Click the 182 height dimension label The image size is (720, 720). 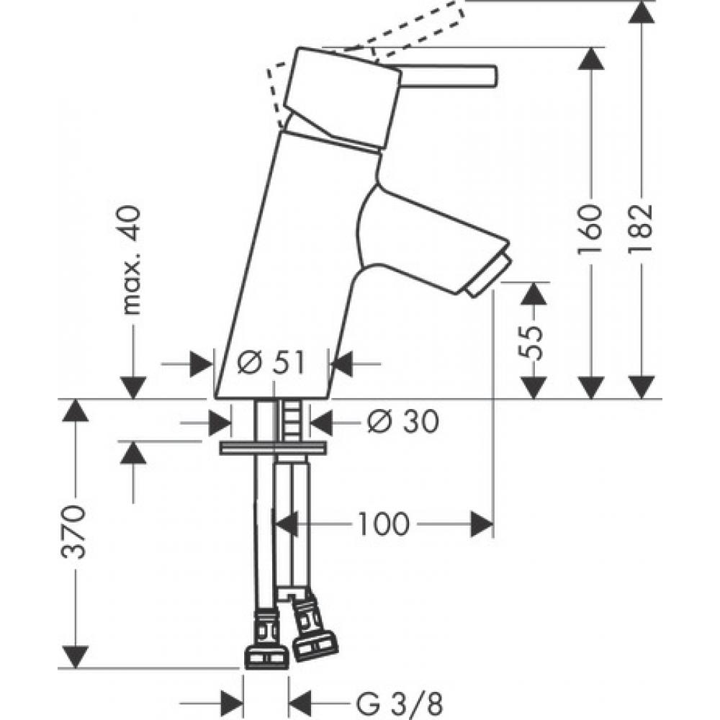(x=641, y=229)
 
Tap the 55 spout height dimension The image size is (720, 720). (x=532, y=343)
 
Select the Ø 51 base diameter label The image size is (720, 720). (x=271, y=363)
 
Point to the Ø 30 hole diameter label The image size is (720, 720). (x=403, y=421)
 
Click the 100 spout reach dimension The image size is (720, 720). (x=384, y=523)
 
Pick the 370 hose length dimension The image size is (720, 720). (x=74, y=532)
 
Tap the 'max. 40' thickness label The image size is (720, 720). (x=131, y=260)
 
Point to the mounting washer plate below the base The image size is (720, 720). (x=274, y=448)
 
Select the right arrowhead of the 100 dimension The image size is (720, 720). (x=482, y=524)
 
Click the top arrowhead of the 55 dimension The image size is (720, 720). (x=534, y=294)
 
